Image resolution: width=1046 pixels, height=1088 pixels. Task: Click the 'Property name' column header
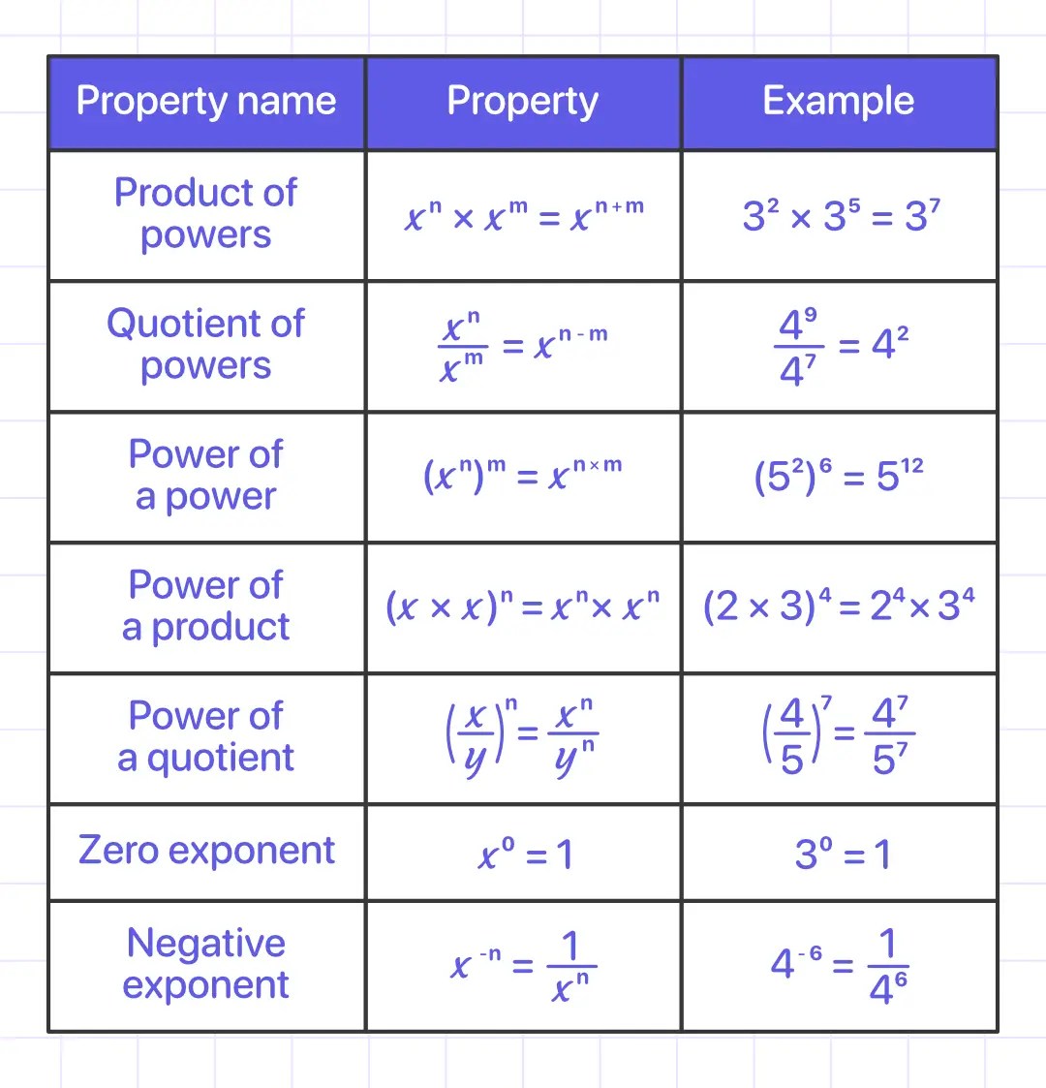pos(206,102)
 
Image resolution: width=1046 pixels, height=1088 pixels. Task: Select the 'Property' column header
pos(523,102)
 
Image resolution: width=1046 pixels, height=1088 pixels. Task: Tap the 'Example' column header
pos(839,102)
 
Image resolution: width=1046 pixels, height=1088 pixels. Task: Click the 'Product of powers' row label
pos(206,214)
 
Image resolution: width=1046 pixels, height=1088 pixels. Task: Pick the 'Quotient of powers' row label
pos(206,345)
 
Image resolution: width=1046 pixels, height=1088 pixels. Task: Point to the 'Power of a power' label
pos(206,475)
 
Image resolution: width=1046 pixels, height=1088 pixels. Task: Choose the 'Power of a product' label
pos(206,606)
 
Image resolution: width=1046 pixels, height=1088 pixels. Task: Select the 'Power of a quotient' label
pos(206,736)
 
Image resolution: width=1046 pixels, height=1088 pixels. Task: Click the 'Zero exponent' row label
pos(206,851)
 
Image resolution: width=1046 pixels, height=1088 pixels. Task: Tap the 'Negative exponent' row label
pos(206,964)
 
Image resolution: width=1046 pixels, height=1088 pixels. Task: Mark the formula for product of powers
pos(523,216)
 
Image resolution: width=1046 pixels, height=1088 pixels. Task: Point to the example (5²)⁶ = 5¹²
pos(839,476)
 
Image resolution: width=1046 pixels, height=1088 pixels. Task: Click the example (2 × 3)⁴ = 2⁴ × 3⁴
pos(839,606)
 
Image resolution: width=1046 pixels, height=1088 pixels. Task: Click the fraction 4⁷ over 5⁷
pos(891,736)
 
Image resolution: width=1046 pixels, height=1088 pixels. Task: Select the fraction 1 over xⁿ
pos(571,967)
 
